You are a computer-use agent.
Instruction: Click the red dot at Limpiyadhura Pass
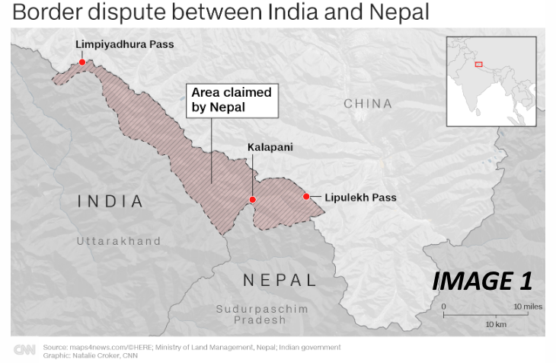82,63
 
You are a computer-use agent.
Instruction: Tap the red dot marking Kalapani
253,200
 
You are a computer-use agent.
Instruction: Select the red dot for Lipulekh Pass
306,197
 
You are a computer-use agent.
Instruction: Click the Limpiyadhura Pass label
124,44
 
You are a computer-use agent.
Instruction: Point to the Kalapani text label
270,146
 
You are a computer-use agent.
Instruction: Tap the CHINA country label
368,104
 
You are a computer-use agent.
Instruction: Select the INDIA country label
111,202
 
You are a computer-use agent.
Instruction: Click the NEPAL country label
280,280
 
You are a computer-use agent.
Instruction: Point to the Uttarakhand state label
119,241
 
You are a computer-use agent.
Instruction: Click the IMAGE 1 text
481,281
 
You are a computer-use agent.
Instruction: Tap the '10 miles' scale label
527,306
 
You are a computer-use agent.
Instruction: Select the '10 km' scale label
497,324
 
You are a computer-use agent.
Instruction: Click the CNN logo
25,349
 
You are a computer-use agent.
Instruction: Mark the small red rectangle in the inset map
478,63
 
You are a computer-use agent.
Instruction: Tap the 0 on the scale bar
443,306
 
